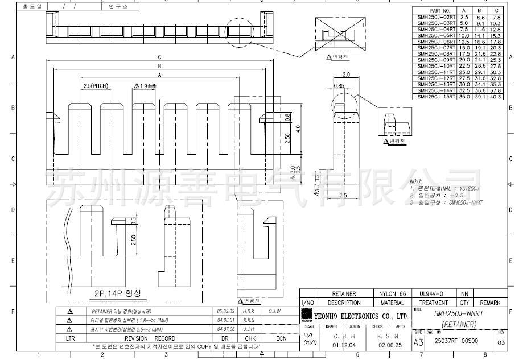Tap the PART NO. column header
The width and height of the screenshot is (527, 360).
tap(440, 10)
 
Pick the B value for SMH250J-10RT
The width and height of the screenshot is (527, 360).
tap(480, 66)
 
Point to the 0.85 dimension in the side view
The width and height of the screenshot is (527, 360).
tap(339, 86)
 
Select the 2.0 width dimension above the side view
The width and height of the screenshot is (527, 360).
tap(346, 74)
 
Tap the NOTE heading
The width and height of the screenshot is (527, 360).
tap(416, 180)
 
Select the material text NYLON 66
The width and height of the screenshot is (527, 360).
tap(393, 294)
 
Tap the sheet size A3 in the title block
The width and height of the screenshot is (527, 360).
tap(418, 342)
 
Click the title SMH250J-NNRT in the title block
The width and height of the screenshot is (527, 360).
tap(456, 313)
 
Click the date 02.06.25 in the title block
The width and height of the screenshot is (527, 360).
tap(389, 345)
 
